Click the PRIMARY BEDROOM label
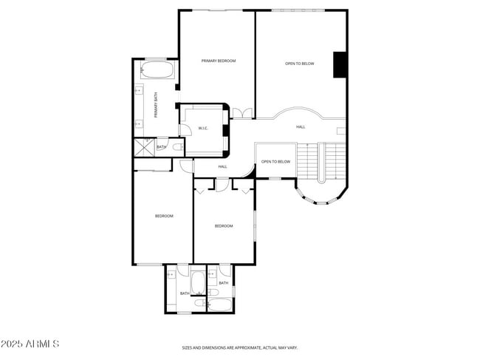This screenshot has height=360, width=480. click(219, 61)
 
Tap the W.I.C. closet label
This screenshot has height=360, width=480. click(203, 129)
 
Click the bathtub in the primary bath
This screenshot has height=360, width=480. click(157, 71)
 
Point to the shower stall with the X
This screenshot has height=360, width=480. click(143, 147)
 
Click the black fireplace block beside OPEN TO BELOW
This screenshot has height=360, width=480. click(340, 64)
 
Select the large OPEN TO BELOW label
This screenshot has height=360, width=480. click(299, 64)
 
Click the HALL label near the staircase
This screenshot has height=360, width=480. click(301, 127)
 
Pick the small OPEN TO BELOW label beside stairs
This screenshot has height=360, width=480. click(275, 161)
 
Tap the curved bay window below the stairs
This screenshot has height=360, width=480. click(319, 194)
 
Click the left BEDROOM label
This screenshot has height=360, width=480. click(163, 216)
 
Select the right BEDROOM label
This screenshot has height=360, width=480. click(224, 225)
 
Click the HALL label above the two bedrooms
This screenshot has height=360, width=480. click(222, 167)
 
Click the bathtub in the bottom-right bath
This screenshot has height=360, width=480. click(220, 304)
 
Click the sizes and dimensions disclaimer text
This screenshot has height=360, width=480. click(240, 347)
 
